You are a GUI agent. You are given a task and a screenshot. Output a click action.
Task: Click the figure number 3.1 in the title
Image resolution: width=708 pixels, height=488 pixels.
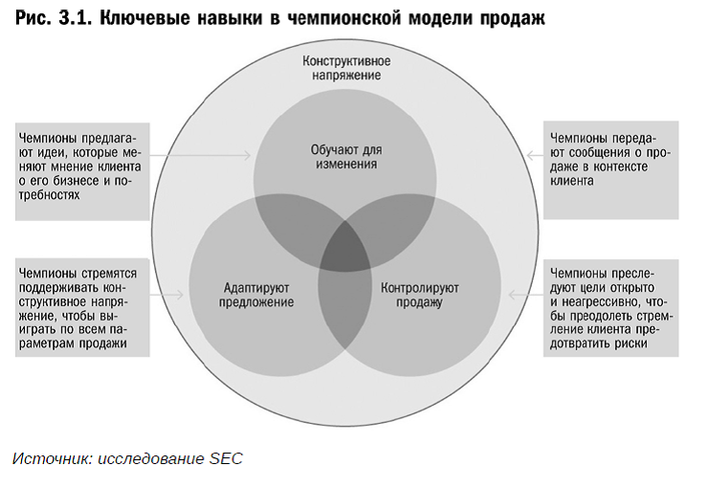(x=75, y=18)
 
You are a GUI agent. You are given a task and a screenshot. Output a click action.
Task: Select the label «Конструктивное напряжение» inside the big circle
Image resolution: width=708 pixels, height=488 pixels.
(x=346, y=68)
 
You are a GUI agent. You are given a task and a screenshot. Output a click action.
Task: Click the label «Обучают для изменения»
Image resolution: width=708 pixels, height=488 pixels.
(x=346, y=156)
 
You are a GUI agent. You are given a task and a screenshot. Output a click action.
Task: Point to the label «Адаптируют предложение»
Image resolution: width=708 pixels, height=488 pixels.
(x=256, y=295)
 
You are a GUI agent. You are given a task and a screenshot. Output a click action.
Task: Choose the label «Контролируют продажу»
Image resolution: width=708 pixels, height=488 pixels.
(x=419, y=295)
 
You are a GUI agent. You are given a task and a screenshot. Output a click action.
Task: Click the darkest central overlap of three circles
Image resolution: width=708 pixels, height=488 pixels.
(x=345, y=248)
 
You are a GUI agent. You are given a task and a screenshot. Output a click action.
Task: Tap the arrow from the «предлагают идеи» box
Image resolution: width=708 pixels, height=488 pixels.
(x=200, y=155)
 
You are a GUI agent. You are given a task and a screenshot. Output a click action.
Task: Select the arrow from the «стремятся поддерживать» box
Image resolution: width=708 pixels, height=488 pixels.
(x=166, y=295)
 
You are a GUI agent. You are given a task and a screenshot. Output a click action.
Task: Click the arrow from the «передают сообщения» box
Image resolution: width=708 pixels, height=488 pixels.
(x=535, y=156)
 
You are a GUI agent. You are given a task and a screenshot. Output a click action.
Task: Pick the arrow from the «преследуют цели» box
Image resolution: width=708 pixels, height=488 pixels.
(x=526, y=295)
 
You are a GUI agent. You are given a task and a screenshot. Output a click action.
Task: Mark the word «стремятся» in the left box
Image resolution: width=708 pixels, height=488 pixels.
(x=109, y=274)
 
